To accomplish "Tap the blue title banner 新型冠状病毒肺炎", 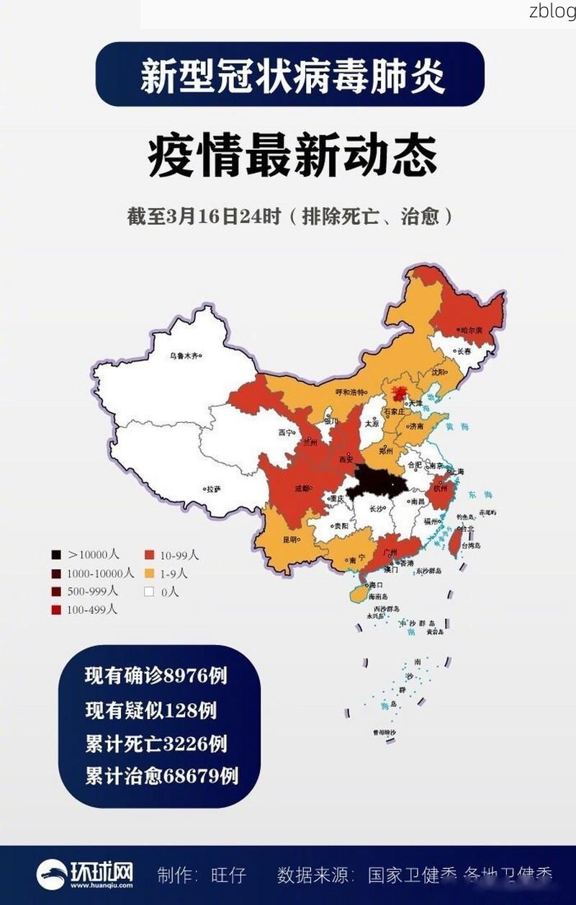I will click(x=289, y=74).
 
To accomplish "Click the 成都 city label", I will click(x=302, y=488).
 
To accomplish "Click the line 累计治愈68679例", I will click(x=161, y=776).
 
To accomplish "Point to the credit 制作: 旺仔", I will click(x=202, y=875).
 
